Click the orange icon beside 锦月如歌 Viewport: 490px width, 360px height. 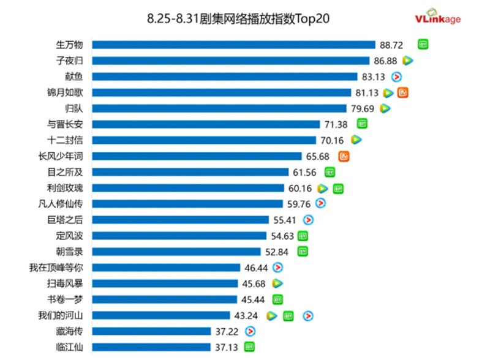tap(402, 92)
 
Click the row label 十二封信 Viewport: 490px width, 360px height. tap(69, 140)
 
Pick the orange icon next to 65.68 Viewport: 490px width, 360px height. tap(344, 156)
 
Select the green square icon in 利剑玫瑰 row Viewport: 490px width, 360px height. tap(338, 188)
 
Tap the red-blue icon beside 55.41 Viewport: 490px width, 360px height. tap(309, 220)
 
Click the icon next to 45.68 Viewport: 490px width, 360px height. tap(277, 283)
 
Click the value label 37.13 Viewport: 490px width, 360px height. tap(226, 347)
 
